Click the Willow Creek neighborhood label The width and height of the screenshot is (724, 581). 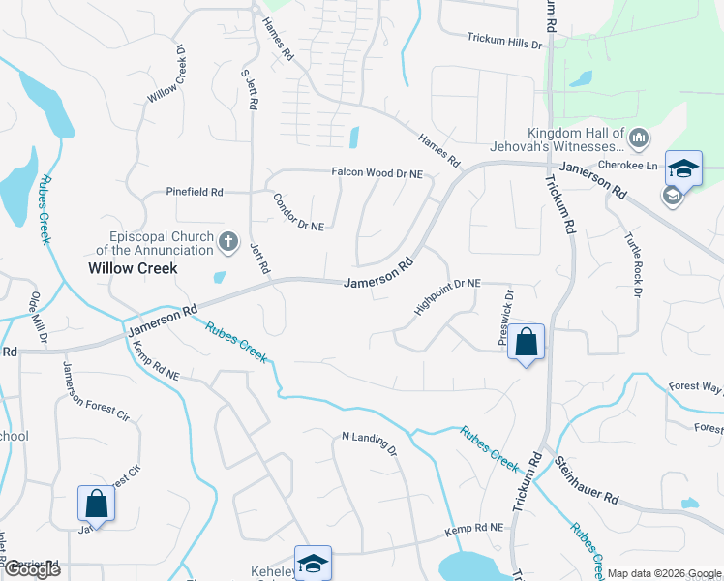pyautogui.click(x=133, y=268)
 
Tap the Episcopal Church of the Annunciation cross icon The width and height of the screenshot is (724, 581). pyautogui.click(x=228, y=241)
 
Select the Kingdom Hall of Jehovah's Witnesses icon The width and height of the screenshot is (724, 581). pyautogui.click(x=638, y=139)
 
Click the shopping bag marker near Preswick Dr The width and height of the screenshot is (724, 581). pyautogui.click(x=527, y=343)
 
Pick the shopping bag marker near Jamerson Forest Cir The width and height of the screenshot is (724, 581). pyautogui.click(x=97, y=505)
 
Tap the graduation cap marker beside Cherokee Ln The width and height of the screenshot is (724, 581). pyautogui.click(x=683, y=168)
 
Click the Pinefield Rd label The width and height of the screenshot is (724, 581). pyautogui.click(x=195, y=192)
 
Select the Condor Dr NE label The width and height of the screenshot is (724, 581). pyautogui.click(x=298, y=212)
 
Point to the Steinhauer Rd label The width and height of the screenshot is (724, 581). pyautogui.click(x=588, y=480)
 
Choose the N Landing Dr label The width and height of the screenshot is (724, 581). pyautogui.click(x=370, y=443)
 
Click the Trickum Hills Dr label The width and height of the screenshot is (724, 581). pyautogui.click(x=505, y=41)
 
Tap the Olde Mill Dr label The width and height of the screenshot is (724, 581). pyautogui.click(x=40, y=317)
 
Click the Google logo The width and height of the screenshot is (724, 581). pyautogui.click(x=31, y=569)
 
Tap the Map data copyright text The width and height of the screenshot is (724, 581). pyautogui.click(x=663, y=573)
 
